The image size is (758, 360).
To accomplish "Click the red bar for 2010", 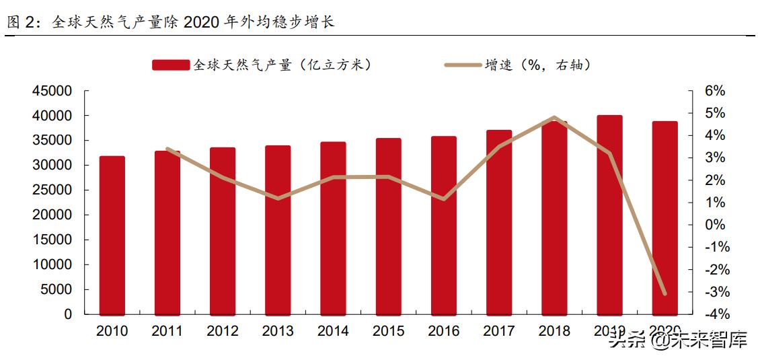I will [112, 236].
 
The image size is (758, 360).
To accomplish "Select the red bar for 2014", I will [333, 229].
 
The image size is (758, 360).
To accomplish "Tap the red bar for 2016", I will [443, 226].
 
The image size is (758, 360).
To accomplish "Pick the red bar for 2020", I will [665, 218].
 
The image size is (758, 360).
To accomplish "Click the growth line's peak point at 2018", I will [554, 118].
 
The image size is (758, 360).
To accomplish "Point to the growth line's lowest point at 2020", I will [665, 294].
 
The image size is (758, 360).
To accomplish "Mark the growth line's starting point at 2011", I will [167, 149].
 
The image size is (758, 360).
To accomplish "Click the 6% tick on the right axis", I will [714, 91].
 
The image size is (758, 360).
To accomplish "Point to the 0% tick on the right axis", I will [714, 225].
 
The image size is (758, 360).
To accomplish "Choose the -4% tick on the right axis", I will [712, 314].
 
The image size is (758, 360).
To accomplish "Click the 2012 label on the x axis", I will [223, 331].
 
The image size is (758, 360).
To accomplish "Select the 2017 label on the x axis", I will [498, 331].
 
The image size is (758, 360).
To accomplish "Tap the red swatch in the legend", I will [171, 65].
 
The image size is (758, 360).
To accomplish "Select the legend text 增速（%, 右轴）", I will [538, 65].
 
